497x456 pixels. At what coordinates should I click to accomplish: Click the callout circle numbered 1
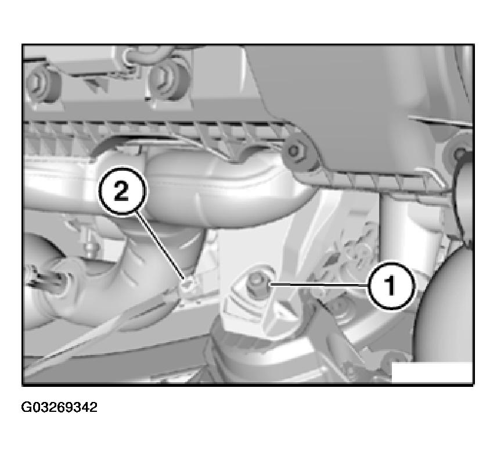391,285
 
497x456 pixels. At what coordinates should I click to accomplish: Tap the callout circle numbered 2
122,192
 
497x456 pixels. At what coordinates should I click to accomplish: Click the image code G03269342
59,407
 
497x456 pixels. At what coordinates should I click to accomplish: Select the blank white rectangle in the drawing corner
432,372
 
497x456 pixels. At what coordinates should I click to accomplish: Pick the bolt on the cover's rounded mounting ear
294,151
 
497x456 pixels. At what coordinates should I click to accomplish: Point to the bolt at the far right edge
459,153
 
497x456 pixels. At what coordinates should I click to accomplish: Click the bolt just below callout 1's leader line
340,306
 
